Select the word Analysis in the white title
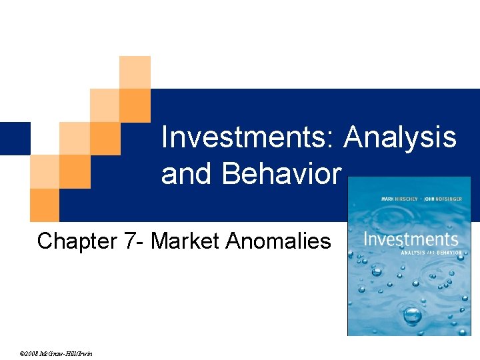pyautogui.click(x=401, y=138)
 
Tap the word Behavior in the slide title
pyautogui.click(x=281, y=173)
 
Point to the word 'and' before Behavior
pyautogui.click(x=188, y=173)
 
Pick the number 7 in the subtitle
pyautogui.click(x=131, y=241)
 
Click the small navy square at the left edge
pyautogui.click(x=15, y=138)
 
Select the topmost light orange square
pyautogui.click(x=135, y=72)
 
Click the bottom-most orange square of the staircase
pyautogui.click(x=44, y=205)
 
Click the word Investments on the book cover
pyautogui.click(x=411, y=239)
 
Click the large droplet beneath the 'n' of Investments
pyautogui.click(x=377, y=271)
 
